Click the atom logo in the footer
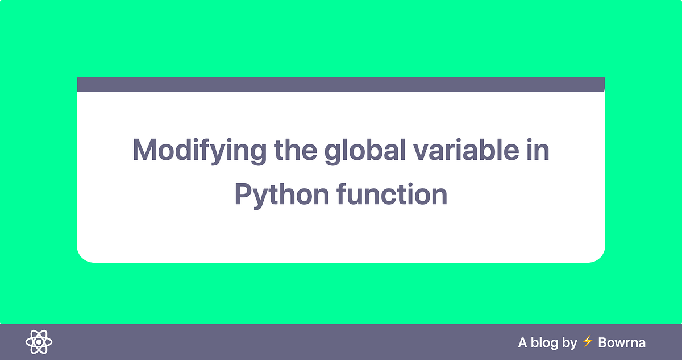point(39,342)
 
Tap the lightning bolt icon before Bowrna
point(588,342)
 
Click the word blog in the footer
point(544,342)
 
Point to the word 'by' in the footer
point(569,342)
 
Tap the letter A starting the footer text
point(523,342)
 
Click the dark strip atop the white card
point(341,84)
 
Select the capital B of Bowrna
point(603,342)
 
